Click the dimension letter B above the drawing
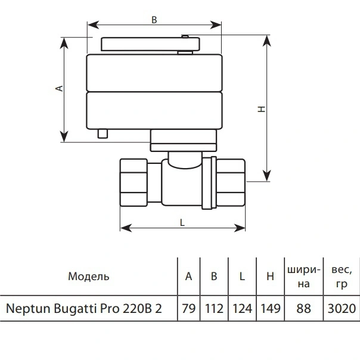pyautogui.click(x=154, y=20)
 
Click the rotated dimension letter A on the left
pyautogui.click(x=60, y=88)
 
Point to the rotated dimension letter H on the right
pyautogui.click(x=262, y=109)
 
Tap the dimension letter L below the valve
pyautogui.click(x=182, y=222)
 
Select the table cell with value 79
pyautogui.click(x=189, y=308)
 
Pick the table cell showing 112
pyautogui.click(x=214, y=308)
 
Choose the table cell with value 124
pyautogui.click(x=242, y=308)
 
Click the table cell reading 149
pyautogui.click(x=271, y=308)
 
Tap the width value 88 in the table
pyautogui.click(x=304, y=308)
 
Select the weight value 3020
pyautogui.click(x=342, y=308)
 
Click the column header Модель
pyautogui.click(x=89, y=277)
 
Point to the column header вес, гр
pyautogui.click(x=342, y=277)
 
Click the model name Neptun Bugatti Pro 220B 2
pyautogui.click(x=84, y=308)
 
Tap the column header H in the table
pyautogui.click(x=270, y=276)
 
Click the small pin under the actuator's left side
pyautogui.click(x=103, y=134)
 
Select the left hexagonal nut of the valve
pyautogui.click(x=134, y=182)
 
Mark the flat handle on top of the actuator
pyautogui.click(x=150, y=44)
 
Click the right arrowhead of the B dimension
pyautogui.click(x=216, y=25)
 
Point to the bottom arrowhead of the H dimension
pyautogui.click(x=266, y=176)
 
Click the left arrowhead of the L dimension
pyautogui.click(x=126, y=228)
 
